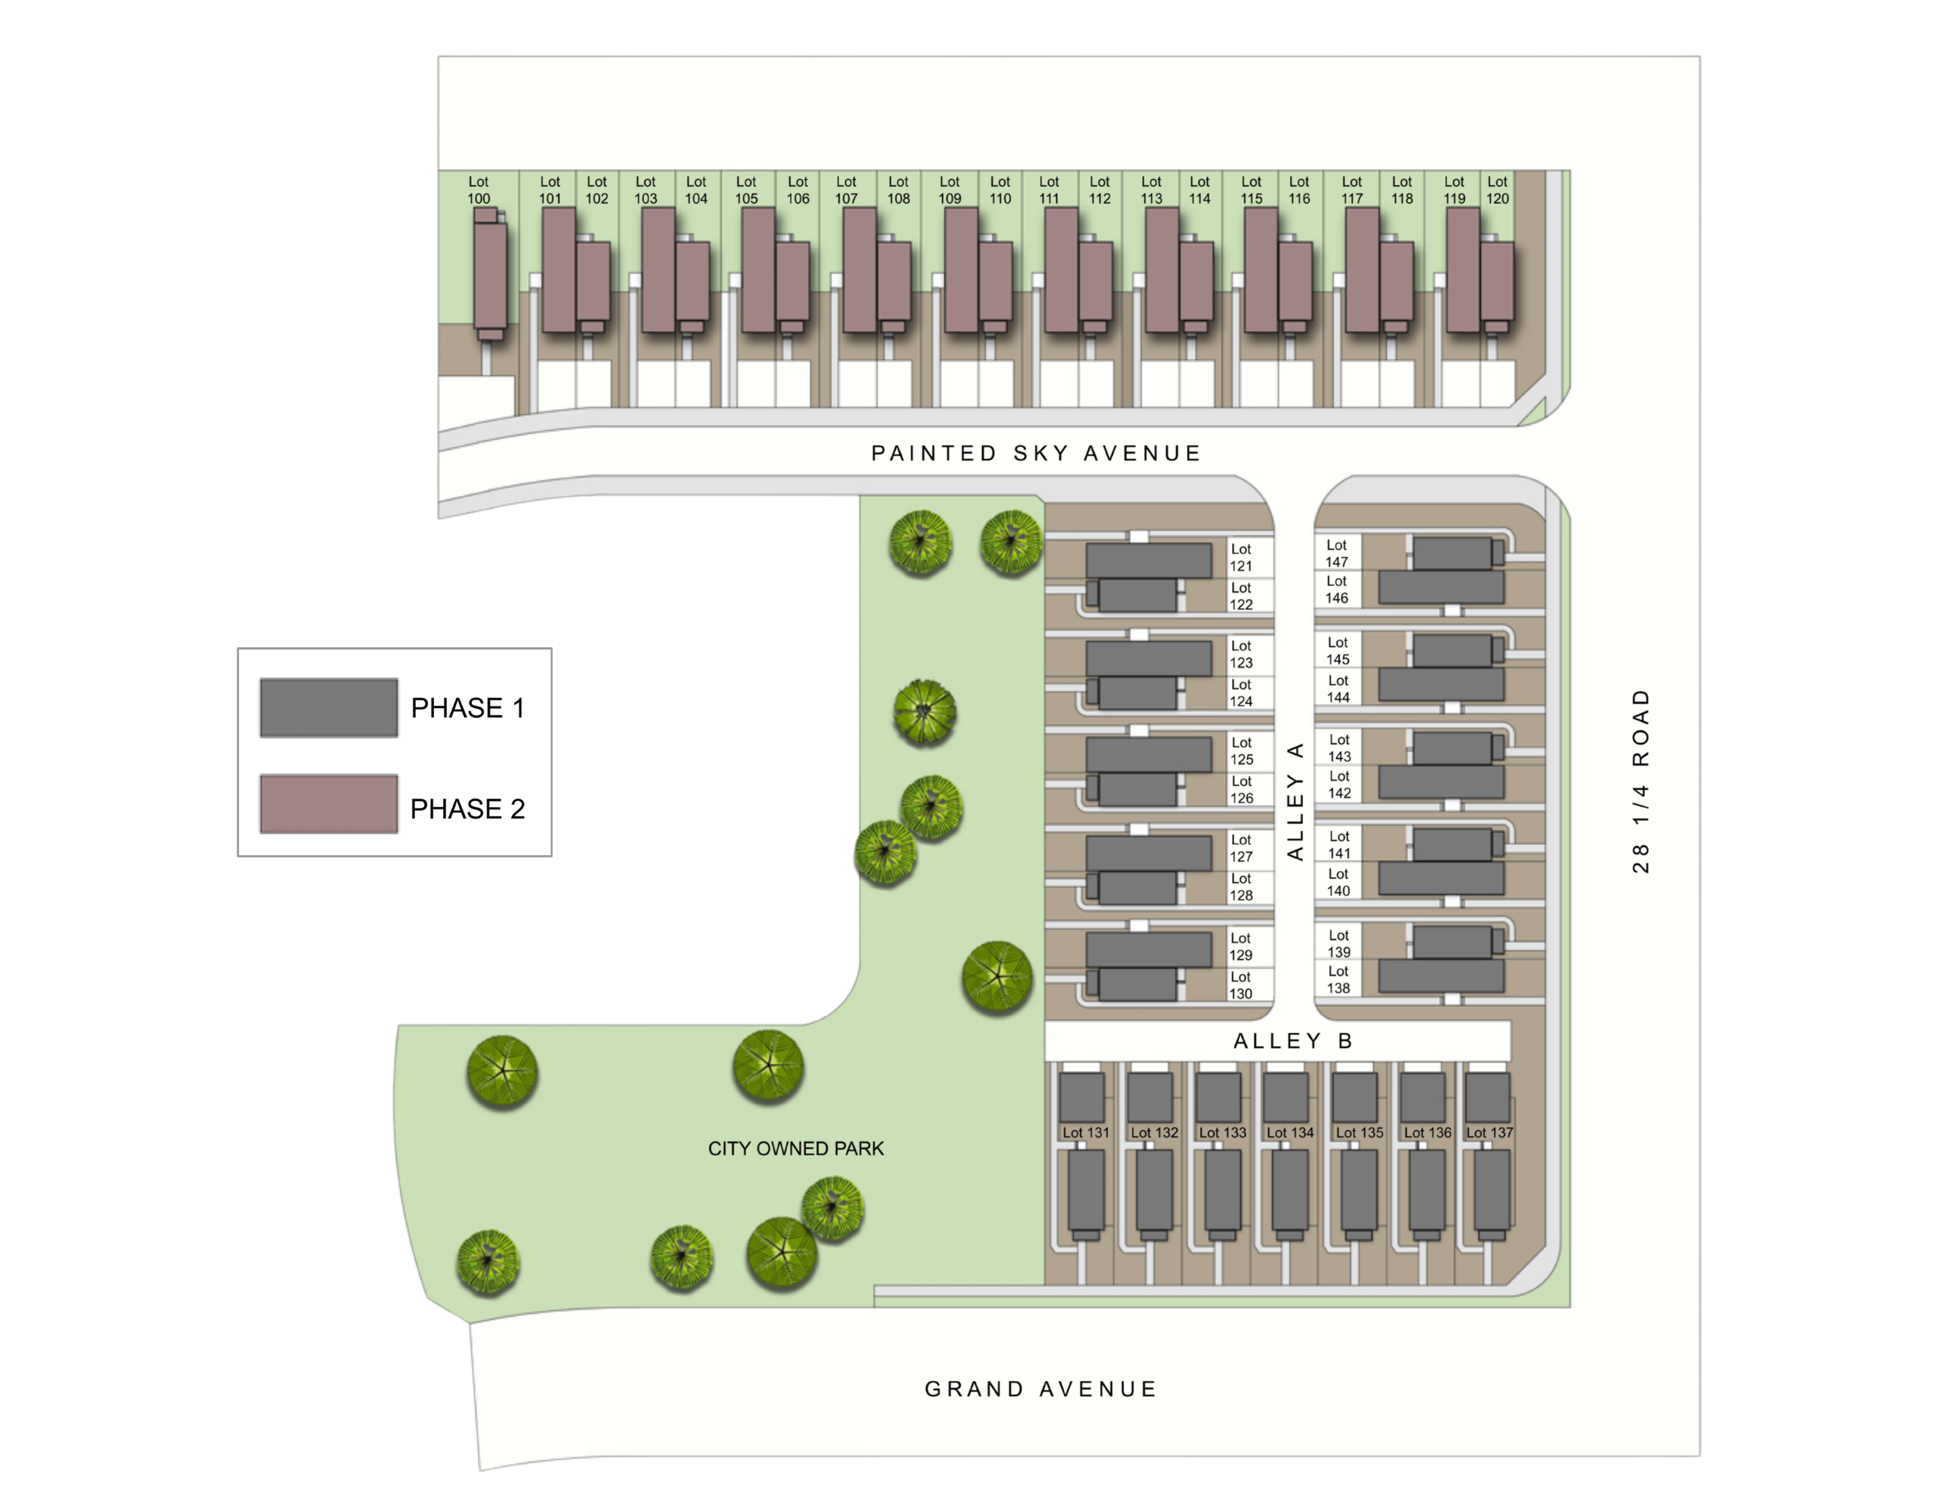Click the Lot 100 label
click(479, 190)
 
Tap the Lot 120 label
click(1497, 190)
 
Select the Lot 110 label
click(1000, 190)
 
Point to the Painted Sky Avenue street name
click(1036, 453)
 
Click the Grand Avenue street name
click(1040, 1388)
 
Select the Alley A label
click(1295, 800)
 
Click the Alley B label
click(1293, 1041)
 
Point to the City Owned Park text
click(795, 1148)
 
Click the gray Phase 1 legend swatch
click(328, 707)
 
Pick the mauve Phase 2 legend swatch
click(328, 803)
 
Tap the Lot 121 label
click(1241, 557)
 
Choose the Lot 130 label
click(1241, 985)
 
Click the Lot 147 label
click(1336, 553)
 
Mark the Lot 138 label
click(1338, 979)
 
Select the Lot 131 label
click(1086, 1133)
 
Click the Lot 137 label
click(1490, 1133)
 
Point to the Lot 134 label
click(1290, 1133)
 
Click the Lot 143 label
click(1339, 747)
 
